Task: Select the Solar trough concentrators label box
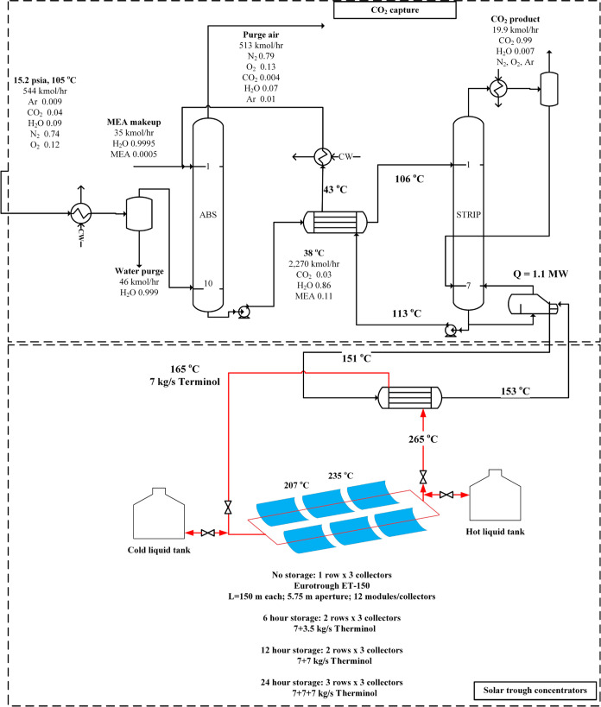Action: click(x=530, y=691)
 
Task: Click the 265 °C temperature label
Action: click(x=424, y=439)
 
